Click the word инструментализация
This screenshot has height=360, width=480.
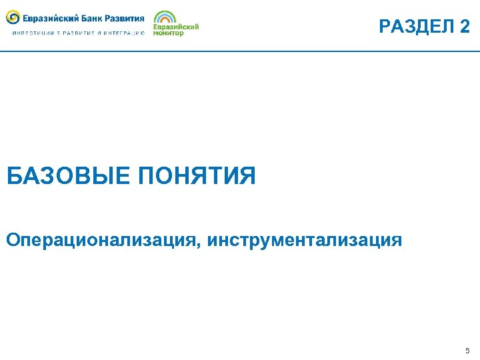pyautogui.click(x=305, y=240)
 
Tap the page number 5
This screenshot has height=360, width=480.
pyautogui.click(x=467, y=351)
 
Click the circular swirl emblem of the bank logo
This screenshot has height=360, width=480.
pyautogui.click(x=13, y=17)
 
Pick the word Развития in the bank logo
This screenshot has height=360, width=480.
pyautogui.click(x=126, y=18)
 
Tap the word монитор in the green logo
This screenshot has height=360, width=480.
pyautogui.click(x=168, y=33)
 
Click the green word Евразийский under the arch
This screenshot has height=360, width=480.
pyautogui.click(x=176, y=27)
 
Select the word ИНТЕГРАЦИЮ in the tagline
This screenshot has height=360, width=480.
pyautogui.click(x=125, y=33)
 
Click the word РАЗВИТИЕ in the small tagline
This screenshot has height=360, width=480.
pyautogui.click(x=77, y=33)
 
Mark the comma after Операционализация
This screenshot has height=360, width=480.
pyautogui.click(x=200, y=245)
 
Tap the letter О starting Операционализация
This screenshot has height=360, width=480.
pyautogui.click(x=13, y=240)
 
